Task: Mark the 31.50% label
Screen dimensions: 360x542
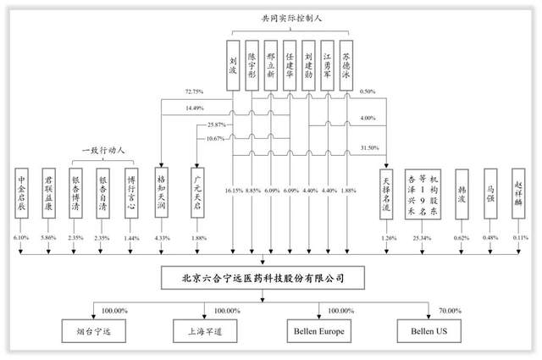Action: (368, 147)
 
